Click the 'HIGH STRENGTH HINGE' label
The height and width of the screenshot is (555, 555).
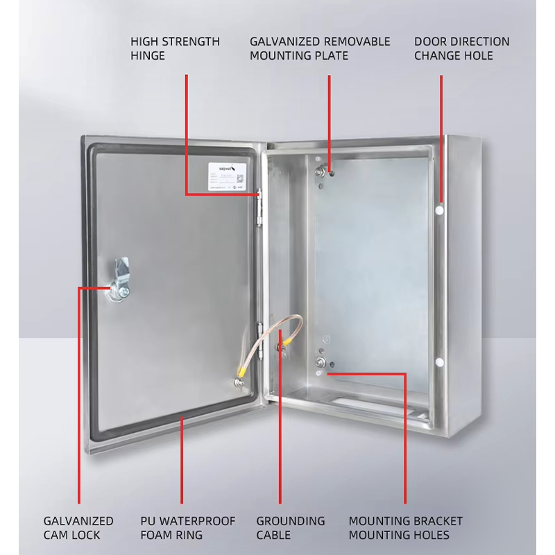point(175,49)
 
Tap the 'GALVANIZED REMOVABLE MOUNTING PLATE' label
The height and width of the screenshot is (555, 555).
point(320,49)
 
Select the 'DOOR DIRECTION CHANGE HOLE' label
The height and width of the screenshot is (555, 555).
point(462,49)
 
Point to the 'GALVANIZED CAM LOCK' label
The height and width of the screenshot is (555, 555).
point(78,528)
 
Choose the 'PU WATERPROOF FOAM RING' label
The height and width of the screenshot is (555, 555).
point(188,528)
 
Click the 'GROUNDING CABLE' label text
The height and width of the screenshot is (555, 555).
point(291,528)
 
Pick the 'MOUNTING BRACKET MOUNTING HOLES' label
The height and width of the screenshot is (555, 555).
point(405,528)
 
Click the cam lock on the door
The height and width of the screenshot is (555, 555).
point(118,282)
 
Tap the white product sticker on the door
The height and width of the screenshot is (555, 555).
point(227,176)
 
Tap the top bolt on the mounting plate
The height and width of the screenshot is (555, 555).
point(321,171)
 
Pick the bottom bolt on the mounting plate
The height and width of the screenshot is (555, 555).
point(321,363)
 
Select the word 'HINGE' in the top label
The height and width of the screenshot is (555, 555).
point(148,55)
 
